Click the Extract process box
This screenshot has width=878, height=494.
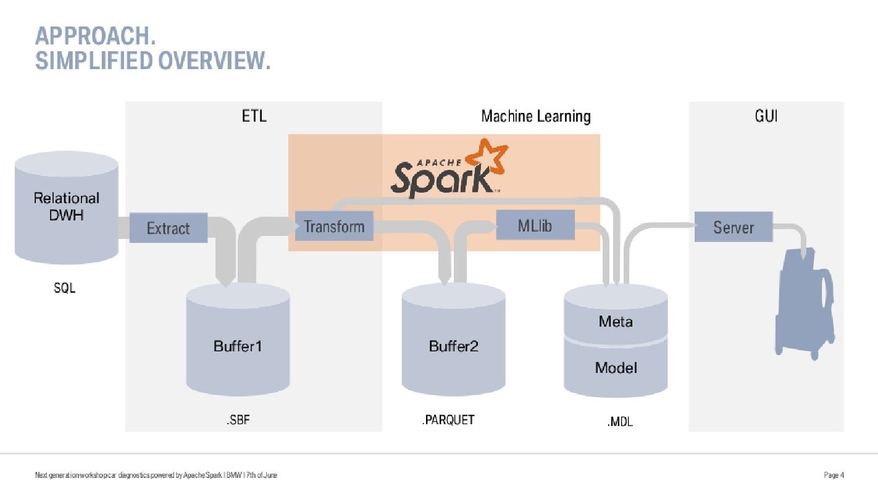(x=168, y=228)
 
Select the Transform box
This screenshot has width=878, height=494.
(x=334, y=226)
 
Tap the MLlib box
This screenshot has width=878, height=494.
(x=535, y=225)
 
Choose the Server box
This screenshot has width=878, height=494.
(x=734, y=227)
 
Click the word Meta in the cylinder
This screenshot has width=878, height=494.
(x=616, y=321)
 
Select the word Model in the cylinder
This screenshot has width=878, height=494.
(x=616, y=368)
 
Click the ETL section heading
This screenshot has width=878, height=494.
(x=254, y=116)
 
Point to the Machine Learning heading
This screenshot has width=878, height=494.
(x=535, y=116)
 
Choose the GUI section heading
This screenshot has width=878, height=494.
(x=766, y=116)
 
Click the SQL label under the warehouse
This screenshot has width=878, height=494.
(x=64, y=288)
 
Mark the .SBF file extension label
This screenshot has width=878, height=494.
(x=237, y=421)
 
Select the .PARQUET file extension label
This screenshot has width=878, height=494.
(x=448, y=420)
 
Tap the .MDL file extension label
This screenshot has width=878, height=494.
(x=619, y=422)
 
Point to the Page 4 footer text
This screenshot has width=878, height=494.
(x=834, y=475)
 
